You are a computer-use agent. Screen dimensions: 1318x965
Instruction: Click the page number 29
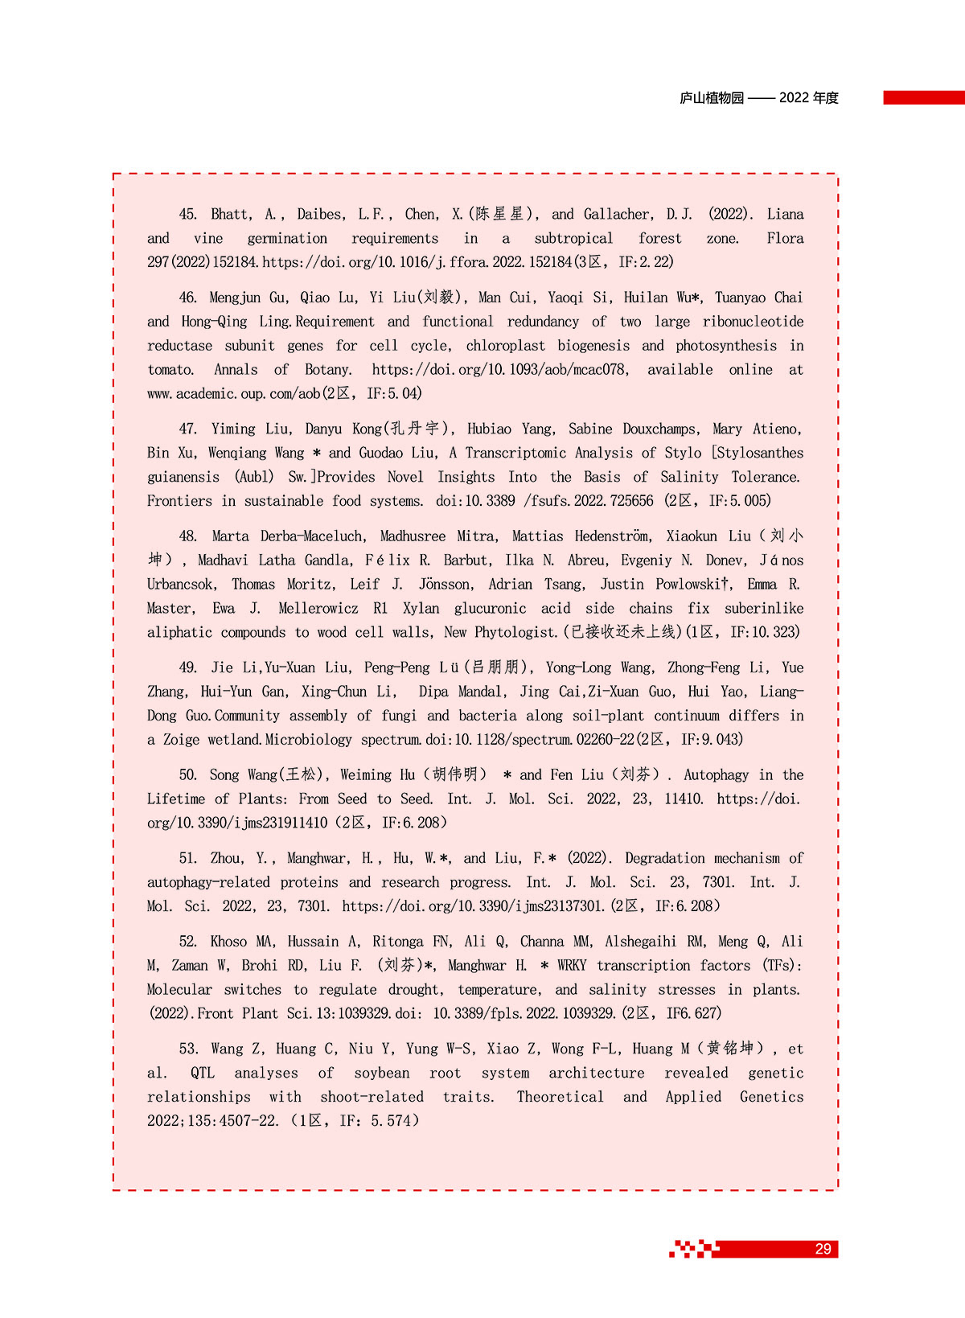823,1249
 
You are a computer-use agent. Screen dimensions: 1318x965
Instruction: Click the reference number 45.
187,214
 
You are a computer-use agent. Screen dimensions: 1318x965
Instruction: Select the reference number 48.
187,536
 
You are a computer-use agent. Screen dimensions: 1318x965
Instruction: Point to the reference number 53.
187,1049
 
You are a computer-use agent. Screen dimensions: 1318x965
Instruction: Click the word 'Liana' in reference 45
785,214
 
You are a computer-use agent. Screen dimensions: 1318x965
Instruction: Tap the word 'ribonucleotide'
753,322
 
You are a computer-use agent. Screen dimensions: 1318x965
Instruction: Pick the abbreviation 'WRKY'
572,966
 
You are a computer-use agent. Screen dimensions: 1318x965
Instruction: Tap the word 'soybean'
382,1073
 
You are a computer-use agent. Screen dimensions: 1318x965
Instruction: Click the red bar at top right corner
923,97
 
